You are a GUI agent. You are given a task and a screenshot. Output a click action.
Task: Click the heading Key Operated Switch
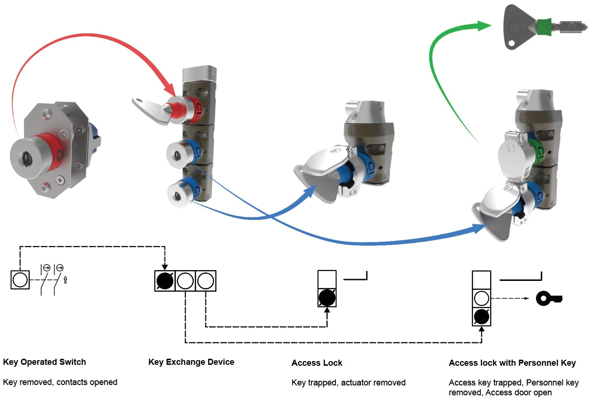pyautogui.click(x=45, y=362)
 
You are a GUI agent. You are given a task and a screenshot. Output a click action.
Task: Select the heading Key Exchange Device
pyautogui.click(x=191, y=362)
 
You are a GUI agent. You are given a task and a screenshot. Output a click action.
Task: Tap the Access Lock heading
pyautogui.click(x=317, y=363)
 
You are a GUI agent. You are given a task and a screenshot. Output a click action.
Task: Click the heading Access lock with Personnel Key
pyautogui.click(x=512, y=363)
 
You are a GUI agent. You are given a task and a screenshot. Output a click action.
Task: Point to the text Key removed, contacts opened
pyautogui.click(x=60, y=382)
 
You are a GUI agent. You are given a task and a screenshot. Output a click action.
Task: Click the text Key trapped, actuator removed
pyautogui.click(x=349, y=383)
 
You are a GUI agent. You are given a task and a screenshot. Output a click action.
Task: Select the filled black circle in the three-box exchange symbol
pyautogui.click(x=165, y=281)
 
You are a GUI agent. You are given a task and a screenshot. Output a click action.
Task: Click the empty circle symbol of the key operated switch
pyautogui.click(x=20, y=280)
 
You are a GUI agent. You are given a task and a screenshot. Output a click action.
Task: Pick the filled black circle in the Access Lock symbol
pyautogui.click(x=327, y=297)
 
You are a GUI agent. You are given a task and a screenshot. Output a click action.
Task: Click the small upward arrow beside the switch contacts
pyautogui.click(x=66, y=280)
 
